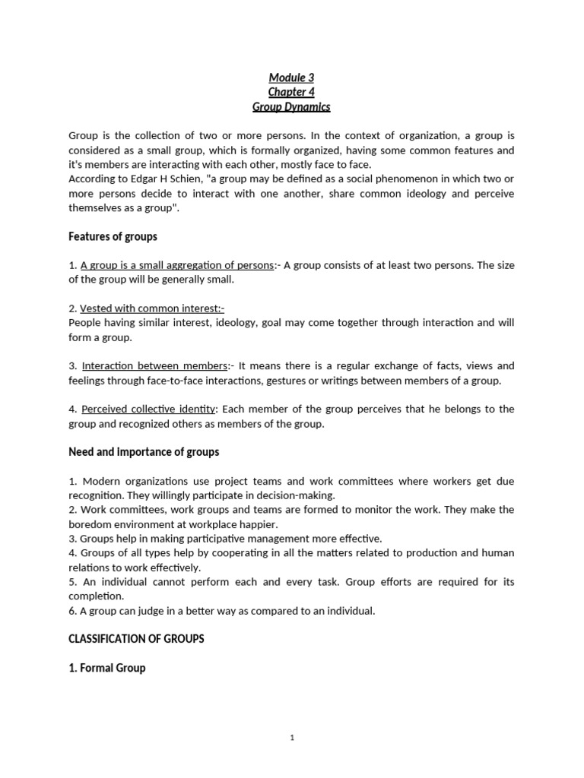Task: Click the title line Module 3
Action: tap(291, 77)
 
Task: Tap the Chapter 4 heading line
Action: tap(291, 92)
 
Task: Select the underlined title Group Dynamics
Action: tap(291, 107)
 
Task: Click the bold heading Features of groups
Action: tap(113, 236)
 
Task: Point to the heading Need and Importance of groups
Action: tap(144, 452)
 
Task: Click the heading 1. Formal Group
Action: tap(107, 668)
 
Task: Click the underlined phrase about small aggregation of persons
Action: tap(177, 265)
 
